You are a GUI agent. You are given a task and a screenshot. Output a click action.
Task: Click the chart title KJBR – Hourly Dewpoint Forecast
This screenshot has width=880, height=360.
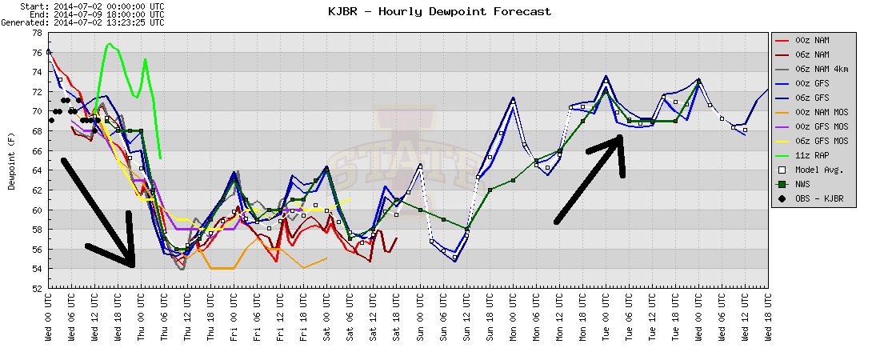pos(439,11)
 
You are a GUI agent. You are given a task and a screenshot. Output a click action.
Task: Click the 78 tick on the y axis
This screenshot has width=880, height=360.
pos(37,33)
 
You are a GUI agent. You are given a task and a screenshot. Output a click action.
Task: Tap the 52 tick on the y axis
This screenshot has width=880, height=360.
pos(37,288)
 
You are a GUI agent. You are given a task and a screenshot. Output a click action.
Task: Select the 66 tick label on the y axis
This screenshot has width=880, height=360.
pos(37,150)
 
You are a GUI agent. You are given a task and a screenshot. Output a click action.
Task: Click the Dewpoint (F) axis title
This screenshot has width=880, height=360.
pos(11,162)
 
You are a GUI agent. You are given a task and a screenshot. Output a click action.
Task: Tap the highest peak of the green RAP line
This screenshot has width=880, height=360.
pos(110,43)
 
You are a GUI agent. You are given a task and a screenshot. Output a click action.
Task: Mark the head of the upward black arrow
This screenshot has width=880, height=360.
pos(619,137)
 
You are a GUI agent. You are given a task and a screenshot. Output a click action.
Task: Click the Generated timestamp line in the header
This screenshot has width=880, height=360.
pos(83,22)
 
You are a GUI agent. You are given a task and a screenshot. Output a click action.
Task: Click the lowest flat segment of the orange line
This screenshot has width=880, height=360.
pos(222,269)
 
